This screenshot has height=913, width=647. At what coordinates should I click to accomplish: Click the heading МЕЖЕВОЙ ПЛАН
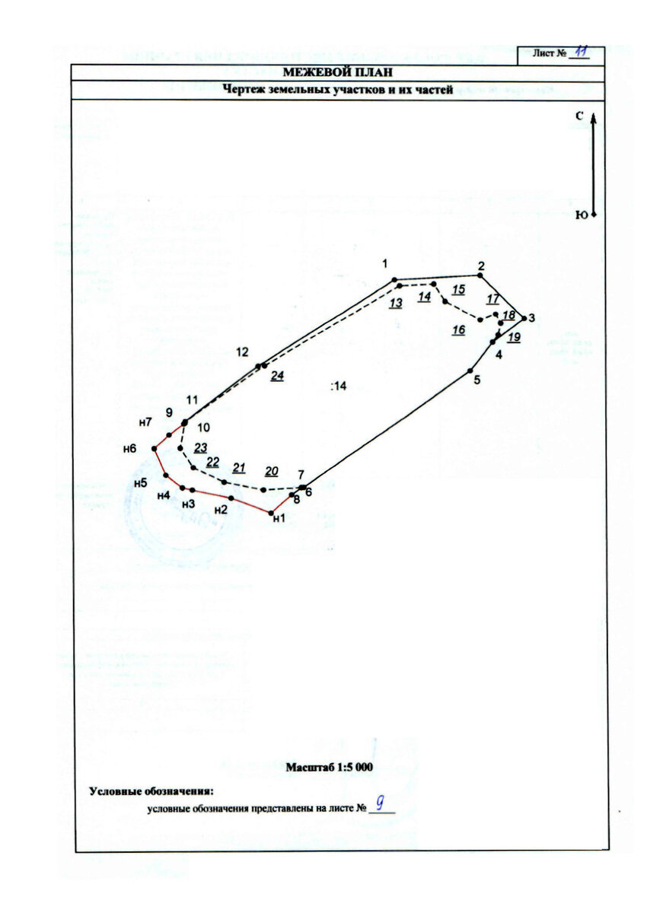[338, 72]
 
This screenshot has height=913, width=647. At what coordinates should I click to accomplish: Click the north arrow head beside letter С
[594, 118]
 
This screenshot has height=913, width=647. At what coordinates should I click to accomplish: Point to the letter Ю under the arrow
[581, 215]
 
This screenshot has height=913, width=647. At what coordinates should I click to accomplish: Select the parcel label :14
[339, 387]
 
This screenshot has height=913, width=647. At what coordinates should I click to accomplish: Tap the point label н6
[129, 449]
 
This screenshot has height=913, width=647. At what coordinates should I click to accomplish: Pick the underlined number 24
[277, 376]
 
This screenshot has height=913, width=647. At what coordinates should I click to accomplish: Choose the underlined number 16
[458, 330]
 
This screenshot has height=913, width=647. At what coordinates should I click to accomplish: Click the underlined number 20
[272, 470]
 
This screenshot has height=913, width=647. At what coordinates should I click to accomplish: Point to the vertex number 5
[477, 380]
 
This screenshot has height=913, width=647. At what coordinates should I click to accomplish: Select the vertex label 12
[242, 352]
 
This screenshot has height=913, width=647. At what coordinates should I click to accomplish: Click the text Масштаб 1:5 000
[329, 768]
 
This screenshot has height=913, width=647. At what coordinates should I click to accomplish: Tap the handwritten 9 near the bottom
[379, 802]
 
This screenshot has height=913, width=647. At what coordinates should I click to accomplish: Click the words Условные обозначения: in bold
[151, 791]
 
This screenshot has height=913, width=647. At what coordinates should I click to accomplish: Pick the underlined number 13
[395, 303]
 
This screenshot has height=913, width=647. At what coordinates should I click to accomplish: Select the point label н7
[145, 422]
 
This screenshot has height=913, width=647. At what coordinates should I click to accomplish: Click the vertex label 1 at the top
[386, 264]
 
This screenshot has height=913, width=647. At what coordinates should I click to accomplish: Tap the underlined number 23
[201, 447]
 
